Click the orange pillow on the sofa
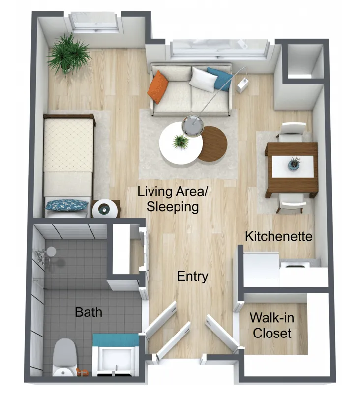tap(157, 87)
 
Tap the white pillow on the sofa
tap(203, 79)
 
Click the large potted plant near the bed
tap(68, 55)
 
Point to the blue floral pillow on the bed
tap(67, 205)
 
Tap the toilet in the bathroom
tap(64, 358)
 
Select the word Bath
tap(89, 312)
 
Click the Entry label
tap(192, 277)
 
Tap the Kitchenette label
tap(279, 236)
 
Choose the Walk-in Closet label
tap(272, 325)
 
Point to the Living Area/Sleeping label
tap(173, 199)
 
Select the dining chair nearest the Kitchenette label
tap(292, 203)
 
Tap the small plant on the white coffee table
tap(180, 141)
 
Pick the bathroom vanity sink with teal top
tap(116, 355)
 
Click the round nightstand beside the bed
tap(105, 209)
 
